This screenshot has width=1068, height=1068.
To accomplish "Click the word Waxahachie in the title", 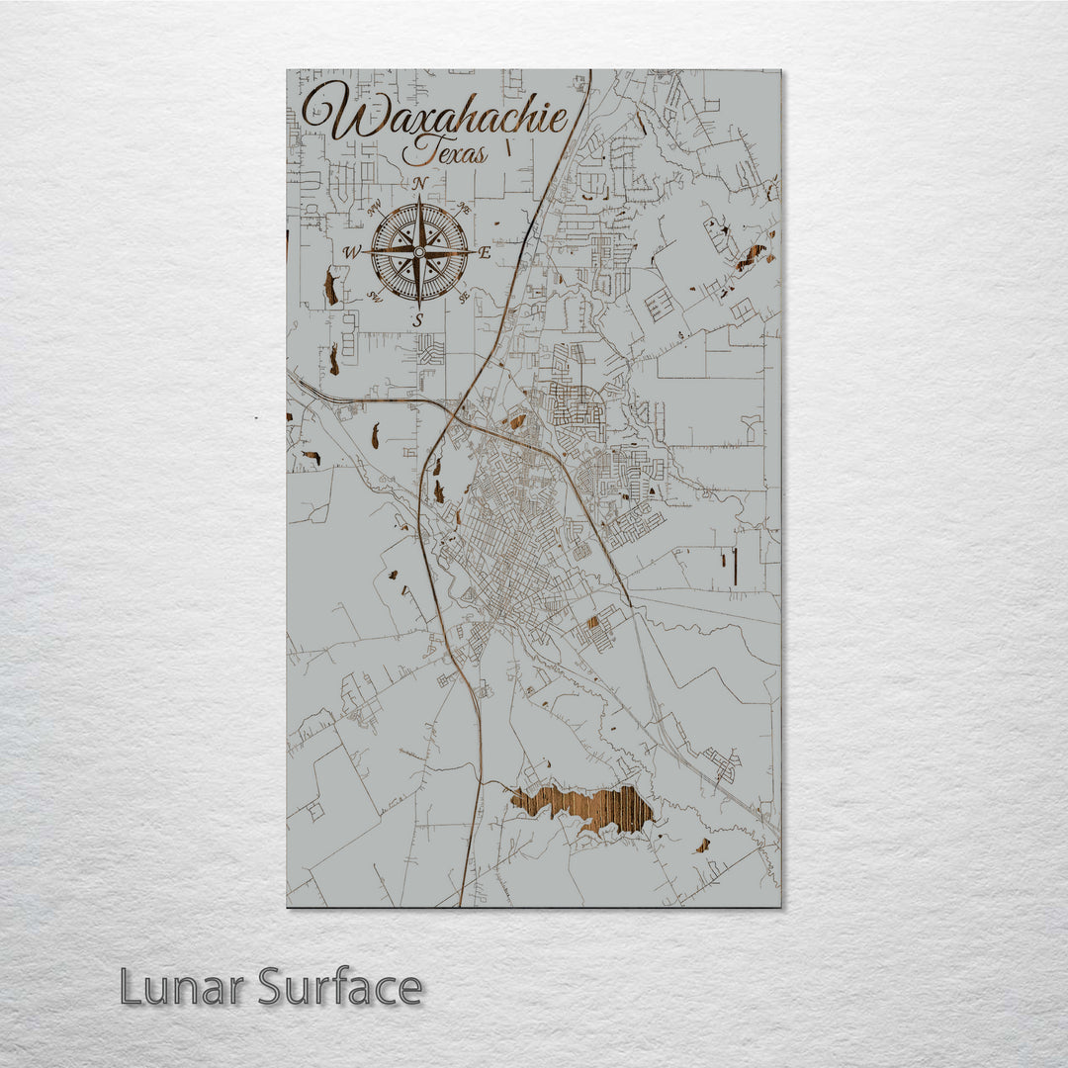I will tap(435, 114).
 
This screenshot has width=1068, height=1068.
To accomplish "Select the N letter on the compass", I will tap(419, 184).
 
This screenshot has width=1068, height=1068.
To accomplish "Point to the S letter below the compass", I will tap(418, 319).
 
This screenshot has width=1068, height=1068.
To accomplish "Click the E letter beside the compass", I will tap(485, 252).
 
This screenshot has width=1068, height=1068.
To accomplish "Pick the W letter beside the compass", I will tap(352, 253).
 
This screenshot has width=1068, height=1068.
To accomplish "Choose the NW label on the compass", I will tap(375, 209).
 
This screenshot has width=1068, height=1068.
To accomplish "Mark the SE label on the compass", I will tap(463, 296).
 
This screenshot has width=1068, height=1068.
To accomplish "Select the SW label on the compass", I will tap(375, 296).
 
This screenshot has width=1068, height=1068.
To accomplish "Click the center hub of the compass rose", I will tap(419, 252).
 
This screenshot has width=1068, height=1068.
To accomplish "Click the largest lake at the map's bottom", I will tap(583, 806).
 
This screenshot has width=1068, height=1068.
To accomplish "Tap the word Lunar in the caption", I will tap(183, 987).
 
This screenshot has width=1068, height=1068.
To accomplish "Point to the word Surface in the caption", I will tap(341, 987).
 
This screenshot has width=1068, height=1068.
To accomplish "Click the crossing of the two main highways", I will tap(457, 407).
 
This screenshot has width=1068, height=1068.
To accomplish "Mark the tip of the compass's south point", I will tap(419, 306).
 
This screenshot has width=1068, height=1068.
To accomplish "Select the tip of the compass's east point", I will tap(473, 252).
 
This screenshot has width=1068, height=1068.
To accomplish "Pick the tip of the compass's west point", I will tap(365, 252).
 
